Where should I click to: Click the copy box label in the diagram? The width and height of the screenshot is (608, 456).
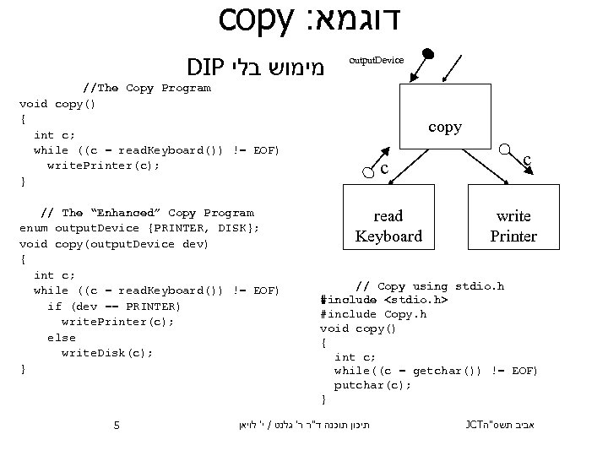point(444,128)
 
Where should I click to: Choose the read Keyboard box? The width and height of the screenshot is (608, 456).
point(388,225)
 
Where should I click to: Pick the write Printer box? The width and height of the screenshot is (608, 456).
point(513,225)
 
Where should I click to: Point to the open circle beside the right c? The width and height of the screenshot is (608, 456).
point(504,152)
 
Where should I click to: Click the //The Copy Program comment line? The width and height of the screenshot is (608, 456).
point(146,88)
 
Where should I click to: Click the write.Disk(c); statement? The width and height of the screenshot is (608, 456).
point(107,353)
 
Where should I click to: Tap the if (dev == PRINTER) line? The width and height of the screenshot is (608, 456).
point(114,306)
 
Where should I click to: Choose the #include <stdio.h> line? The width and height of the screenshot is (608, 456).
point(384,300)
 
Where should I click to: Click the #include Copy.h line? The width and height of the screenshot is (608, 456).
point(373,314)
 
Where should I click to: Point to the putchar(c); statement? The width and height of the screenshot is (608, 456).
point(372,384)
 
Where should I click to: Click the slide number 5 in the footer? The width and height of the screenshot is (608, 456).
point(117,424)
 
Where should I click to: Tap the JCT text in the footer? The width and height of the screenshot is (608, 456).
point(476,424)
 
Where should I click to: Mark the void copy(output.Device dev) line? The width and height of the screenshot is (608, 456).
point(114,244)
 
